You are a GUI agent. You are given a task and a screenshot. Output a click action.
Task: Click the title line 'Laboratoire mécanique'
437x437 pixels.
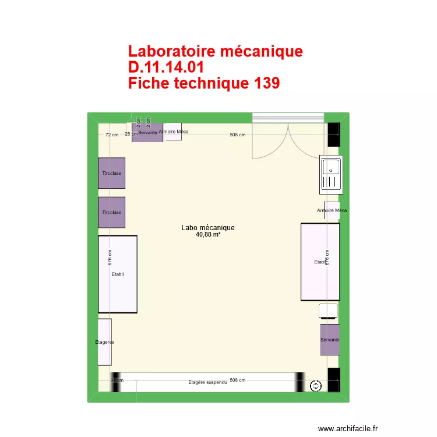(215, 51)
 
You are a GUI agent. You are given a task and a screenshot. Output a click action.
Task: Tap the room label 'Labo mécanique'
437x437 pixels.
(207, 228)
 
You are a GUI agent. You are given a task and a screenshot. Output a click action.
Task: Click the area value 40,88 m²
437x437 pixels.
(207, 235)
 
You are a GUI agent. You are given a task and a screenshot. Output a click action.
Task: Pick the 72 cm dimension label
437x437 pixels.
(111, 135)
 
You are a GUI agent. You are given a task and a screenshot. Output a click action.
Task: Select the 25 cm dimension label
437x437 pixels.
(131, 134)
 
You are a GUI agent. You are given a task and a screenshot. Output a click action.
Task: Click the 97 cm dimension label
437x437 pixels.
(117, 380)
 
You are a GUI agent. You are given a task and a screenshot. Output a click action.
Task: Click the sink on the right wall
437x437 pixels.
(331, 174)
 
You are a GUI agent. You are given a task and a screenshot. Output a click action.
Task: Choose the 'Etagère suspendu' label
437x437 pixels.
(207, 383)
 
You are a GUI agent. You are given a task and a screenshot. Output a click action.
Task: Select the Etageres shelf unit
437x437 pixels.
(104, 342)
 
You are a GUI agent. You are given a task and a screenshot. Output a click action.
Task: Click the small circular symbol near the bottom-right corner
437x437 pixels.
(316, 385)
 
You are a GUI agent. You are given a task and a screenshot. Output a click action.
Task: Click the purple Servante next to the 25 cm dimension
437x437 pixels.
(147, 133)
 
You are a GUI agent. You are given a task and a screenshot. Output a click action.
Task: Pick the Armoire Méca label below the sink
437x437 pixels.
(332, 210)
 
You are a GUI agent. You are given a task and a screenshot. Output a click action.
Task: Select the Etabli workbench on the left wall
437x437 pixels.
(117, 274)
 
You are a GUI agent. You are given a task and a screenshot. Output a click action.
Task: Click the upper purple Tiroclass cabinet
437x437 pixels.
(111, 173)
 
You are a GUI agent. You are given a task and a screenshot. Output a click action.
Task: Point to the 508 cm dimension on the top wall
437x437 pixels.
(237, 135)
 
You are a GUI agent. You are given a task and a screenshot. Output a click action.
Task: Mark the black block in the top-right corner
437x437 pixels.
(333, 135)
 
